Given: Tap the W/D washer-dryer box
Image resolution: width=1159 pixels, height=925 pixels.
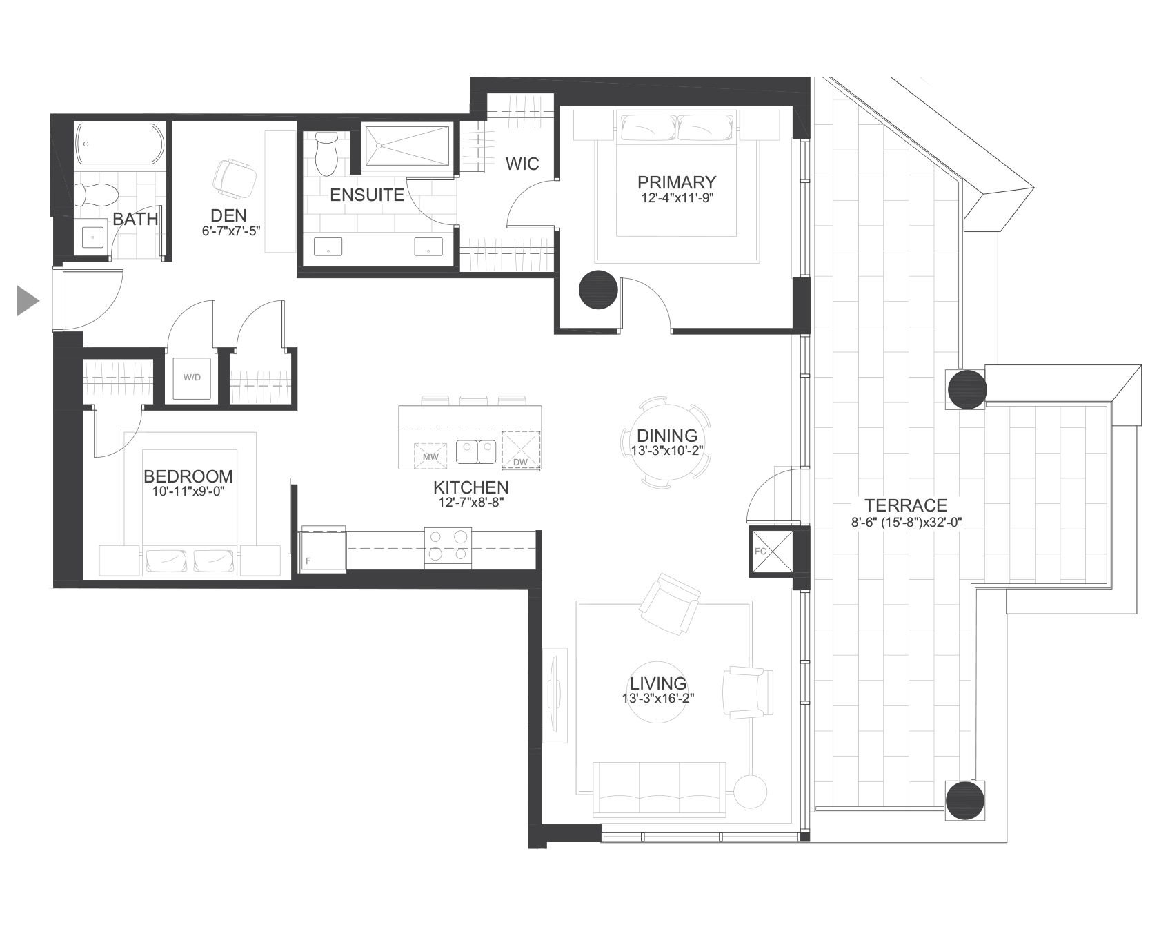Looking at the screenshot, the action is tap(192, 378).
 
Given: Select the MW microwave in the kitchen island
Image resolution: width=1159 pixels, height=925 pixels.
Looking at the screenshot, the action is tap(430, 456).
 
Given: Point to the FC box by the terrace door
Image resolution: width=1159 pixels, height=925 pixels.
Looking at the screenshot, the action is tap(769, 552).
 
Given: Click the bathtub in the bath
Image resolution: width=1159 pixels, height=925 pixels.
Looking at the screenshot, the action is tap(120, 144).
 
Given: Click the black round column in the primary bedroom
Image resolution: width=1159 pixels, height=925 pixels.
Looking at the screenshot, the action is tap(598, 289).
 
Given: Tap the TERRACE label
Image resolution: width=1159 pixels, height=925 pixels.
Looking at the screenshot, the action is tap(906, 505).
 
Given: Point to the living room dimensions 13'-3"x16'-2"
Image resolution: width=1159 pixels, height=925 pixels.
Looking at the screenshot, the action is tap(657, 699).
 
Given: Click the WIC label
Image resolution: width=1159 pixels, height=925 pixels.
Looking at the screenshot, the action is tap(522, 164).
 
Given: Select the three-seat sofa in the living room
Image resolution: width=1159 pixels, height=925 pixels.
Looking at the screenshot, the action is tap(660, 789).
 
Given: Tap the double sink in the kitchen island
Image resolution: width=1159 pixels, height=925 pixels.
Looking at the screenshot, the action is tap(476, 453).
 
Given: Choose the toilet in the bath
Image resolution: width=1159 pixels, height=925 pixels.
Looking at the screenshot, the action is tap(90, 195).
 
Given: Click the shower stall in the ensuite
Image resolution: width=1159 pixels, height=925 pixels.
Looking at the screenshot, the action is tap(406, 145).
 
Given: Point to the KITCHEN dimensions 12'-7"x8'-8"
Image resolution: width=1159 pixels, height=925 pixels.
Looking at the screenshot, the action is tap(471, 503).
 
